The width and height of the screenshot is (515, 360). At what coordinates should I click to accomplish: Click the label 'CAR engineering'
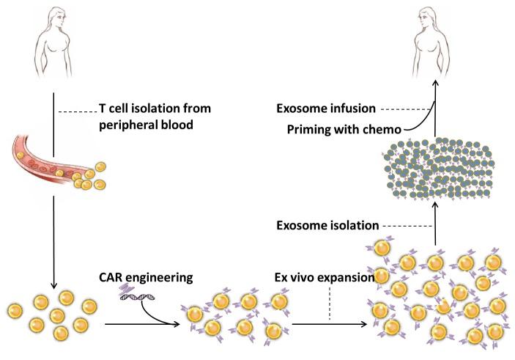[146, 278]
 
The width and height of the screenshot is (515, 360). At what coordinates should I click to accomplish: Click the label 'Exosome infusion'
[326, 109]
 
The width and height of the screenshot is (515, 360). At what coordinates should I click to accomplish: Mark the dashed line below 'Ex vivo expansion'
[330, 305]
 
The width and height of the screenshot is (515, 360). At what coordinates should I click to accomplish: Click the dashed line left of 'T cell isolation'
[77, 111]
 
